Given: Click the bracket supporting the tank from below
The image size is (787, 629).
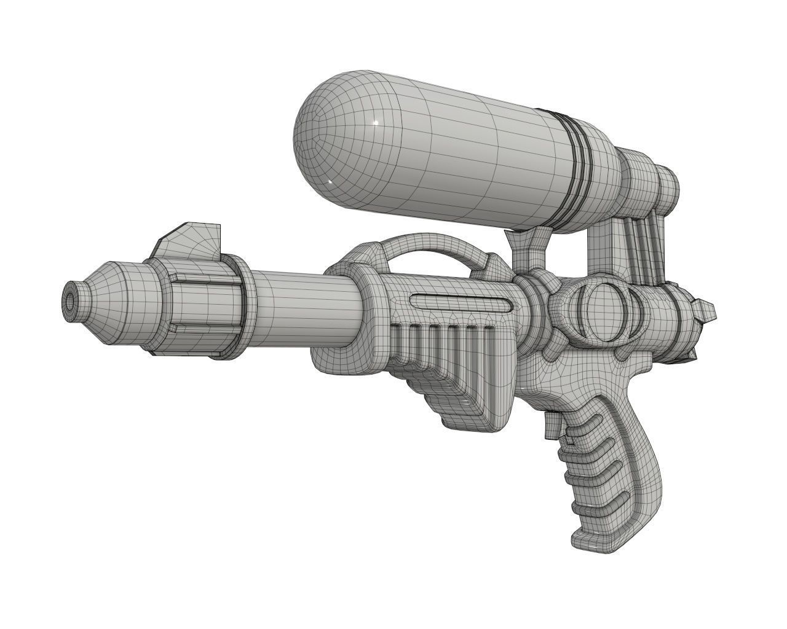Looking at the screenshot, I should pos(529,246).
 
